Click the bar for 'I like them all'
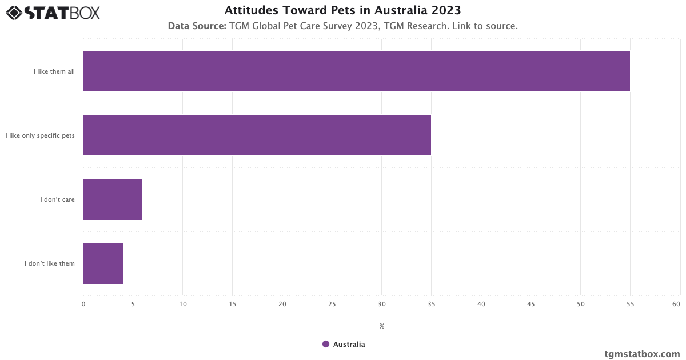356,71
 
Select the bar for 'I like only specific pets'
257,135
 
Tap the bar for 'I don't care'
113,199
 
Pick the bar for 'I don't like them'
103,263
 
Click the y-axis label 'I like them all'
54,71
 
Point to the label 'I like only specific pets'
40,135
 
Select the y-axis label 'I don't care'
57,199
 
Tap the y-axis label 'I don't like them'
50,263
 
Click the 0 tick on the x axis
83,304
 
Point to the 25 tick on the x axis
332,304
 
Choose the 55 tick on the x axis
630,304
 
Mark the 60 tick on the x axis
676,304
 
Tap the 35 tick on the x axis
432,304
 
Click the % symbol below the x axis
382,326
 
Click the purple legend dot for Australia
326,344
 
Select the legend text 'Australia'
349,345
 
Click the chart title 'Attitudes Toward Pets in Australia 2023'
343,10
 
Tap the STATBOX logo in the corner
53,12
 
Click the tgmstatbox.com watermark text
643,354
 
